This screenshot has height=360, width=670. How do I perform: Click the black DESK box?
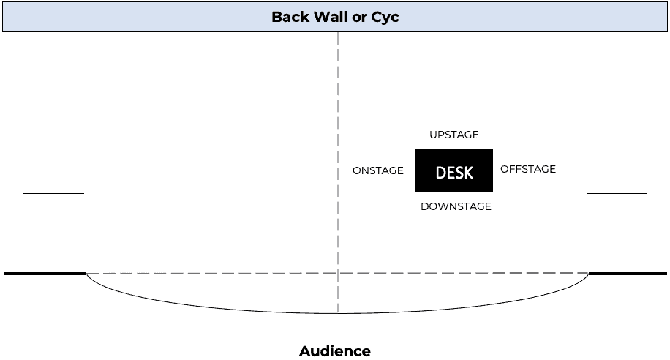[x=453, y=171]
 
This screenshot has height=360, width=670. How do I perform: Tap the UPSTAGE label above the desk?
[x=454, y=135]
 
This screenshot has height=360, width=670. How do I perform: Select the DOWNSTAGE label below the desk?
[x=456, y=206]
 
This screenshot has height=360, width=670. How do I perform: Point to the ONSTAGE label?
[x=378, y=170]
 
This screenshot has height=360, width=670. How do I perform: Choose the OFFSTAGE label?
[x=528, y=169]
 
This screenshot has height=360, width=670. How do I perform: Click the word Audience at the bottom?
[x=335, y=351]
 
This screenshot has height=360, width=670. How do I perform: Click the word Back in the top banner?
[x=291, y=17]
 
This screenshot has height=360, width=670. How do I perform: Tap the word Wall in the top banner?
[x=334, y=17]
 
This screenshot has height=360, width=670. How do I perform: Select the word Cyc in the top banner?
[x=386, y=17]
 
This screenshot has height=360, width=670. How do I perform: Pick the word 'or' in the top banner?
[x=364, y=17]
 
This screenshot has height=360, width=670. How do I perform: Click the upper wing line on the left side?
[x=53, y=113]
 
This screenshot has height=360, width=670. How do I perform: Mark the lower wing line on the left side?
[x=53, y=193]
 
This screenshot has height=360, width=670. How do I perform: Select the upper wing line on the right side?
[x=617, y=113]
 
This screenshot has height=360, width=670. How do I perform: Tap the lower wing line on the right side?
[x=617, y=193]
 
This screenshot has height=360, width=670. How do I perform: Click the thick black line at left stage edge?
[x=44, y=274]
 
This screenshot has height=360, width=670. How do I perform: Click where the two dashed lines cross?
[x=338, y=274]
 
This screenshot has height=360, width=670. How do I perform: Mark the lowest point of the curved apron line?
[x=338, y=313]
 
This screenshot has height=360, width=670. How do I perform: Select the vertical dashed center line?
[x=338, y=146]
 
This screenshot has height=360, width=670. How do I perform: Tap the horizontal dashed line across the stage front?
[x=219, y=274]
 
